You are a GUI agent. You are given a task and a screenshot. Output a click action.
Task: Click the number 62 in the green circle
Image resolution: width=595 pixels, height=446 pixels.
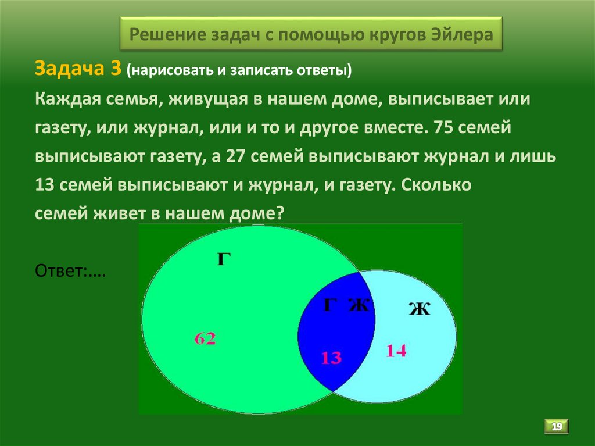[x=206, y=338]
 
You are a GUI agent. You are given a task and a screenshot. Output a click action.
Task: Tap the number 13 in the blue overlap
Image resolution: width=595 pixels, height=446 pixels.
[x=331, y=358]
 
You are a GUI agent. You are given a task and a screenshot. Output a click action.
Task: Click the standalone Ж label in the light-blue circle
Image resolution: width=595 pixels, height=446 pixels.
[x=419, y=309]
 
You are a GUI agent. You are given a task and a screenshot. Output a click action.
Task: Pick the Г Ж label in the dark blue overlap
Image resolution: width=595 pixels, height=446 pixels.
[x=346, y=304]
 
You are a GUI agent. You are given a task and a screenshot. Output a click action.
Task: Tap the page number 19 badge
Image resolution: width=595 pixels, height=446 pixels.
[x=557, y=427]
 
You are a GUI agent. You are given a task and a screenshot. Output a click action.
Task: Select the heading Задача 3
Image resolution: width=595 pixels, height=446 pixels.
[x=78, y=69]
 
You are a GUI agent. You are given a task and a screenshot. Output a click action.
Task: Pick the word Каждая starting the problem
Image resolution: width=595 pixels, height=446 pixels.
[x=65, y=99]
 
